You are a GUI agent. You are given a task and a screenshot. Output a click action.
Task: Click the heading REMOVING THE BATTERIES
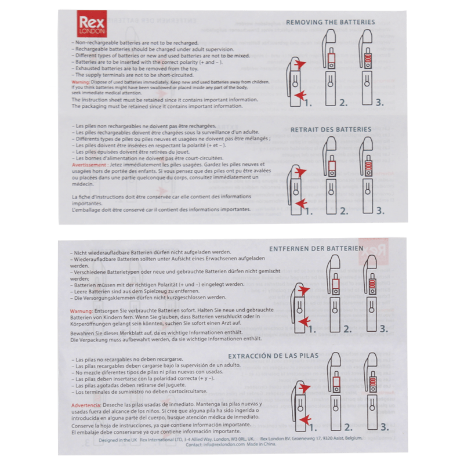click(x=330, y=22)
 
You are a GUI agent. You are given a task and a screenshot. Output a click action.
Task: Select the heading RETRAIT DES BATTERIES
click(x=331, y=129)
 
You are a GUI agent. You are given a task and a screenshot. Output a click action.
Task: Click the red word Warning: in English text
click(x=81, y=83)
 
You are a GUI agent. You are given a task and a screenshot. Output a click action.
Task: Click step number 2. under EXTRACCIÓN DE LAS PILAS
click(x=347, y=428)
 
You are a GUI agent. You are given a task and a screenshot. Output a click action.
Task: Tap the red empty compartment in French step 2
click(x=331, y=168)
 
